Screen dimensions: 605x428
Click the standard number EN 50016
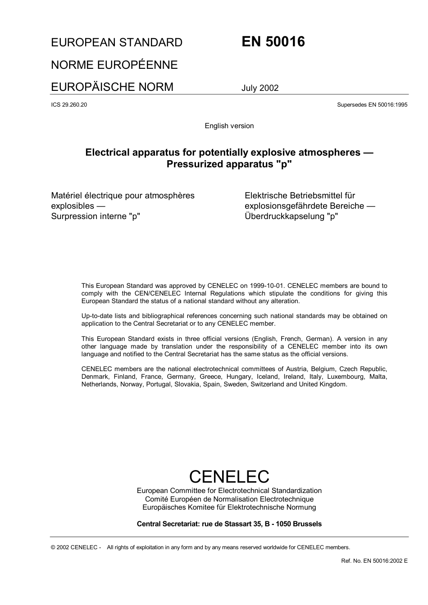click(x=273, y=42)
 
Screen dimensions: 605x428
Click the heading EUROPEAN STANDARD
click(x=117, y=43)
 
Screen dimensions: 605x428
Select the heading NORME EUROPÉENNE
click(x=114, y=65)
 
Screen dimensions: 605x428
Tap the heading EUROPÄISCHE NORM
click(x=112, y=87)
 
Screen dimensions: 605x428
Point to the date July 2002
click(x=260, y=88)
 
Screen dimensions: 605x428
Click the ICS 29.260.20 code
click(x=69, y=105)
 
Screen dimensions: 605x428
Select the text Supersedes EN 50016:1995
click(x=372, y=105)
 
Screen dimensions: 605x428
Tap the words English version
click(x=229, y=126)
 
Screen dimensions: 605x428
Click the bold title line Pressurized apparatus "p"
click(x=229, y=164)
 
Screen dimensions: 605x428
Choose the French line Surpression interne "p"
click(x=96, y=216)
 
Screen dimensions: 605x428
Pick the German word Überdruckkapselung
click(x=284, y=216)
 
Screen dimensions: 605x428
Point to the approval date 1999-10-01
click(x=267, y=286)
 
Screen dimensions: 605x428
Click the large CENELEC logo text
click(x=229, y=476)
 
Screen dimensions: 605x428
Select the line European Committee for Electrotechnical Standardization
click(x=229, y=491)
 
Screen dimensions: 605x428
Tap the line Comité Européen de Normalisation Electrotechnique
click(x=229, y=499)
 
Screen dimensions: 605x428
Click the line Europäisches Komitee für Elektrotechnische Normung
click(x=229, y=507)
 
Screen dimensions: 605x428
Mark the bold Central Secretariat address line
click(x=229, y=524)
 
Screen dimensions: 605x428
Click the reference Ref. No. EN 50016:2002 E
click(x=374, y=561)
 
